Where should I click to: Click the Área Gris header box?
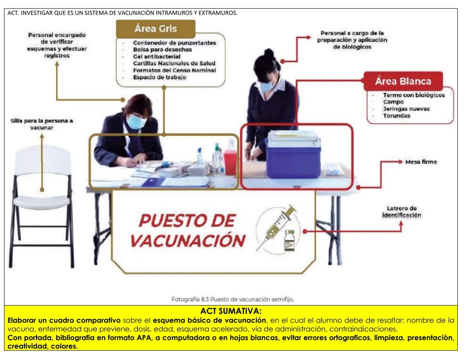click(x=155, y=29)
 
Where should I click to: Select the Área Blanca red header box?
click(x=403, y=81)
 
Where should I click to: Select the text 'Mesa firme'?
click(x=421, y=162)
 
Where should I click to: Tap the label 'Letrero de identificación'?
click(x=402, y=212)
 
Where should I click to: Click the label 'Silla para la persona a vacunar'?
click(x=42, y=124)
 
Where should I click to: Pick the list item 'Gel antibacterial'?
click(x=156, y=56)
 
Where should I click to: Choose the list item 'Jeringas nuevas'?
click(x=406, y=109)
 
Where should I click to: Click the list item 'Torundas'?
click(x=396, y=116)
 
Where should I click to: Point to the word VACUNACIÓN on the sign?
click(x=188, y=241)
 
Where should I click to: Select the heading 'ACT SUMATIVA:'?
click(x=231, y=311)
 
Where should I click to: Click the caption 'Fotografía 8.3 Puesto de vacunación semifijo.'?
click(x=232, y=299)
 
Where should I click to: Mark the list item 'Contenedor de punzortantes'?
click(x=174, y=43)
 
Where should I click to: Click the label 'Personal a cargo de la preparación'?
click(x=352, y=40)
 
